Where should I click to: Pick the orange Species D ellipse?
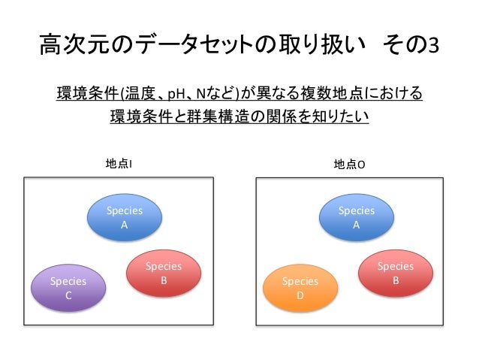[x=300, y=289]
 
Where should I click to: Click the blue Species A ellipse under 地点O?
[x=356, y=218]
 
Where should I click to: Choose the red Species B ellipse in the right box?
[x=395, y=273]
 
